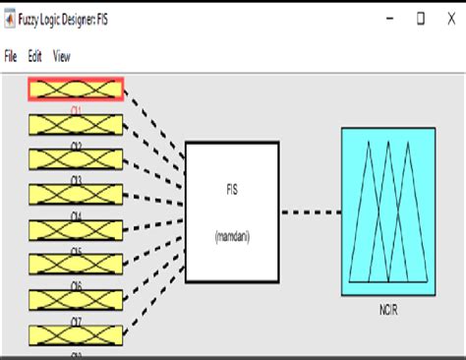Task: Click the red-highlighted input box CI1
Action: (76, 89)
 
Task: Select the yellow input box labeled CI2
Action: (76, 124)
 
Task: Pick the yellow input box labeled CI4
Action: (76, 194)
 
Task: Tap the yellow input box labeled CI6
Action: (76, 264)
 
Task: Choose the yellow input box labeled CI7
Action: (76, 298)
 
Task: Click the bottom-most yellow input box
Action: (76, 333)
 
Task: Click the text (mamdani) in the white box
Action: (232, 236)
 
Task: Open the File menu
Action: (12, 57)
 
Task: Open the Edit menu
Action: (34, 57)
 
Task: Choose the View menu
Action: (61, 57)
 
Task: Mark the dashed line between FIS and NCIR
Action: (311, 210)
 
